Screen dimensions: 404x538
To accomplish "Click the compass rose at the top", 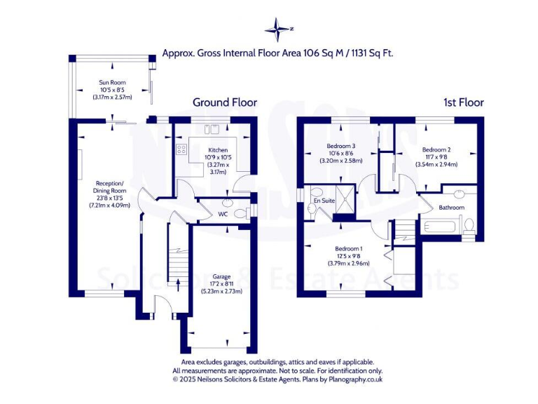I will tap(278, 29).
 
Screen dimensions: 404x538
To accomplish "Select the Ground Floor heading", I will tap(225, 102).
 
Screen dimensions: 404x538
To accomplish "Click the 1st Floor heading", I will tap(463, 102).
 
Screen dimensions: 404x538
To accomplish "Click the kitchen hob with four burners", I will tap(181, 149).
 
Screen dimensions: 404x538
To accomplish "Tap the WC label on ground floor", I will tap(223, 213).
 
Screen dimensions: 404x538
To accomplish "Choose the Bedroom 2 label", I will tap(436, 150).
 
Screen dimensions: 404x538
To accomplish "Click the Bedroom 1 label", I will tap(348, 249).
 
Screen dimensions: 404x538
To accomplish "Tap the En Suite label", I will tap(324, 201).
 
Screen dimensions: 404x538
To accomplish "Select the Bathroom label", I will tap(451, 208).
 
